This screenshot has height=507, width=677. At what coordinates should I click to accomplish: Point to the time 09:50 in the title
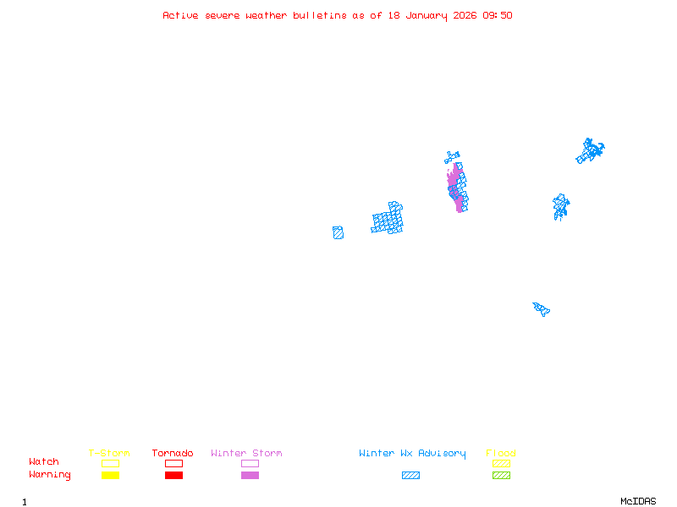click(498, 15)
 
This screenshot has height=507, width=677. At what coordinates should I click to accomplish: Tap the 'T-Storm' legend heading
click(109, 454)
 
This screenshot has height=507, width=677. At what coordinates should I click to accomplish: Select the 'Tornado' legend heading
click(173, 454)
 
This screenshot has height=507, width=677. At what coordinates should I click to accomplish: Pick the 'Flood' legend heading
click(501, 454)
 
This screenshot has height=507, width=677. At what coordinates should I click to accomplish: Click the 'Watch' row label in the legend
click(44, 462)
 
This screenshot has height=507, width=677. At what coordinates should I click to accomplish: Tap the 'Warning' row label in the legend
click(50, 475)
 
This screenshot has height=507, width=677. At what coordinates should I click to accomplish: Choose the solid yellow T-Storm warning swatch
click(110, 476)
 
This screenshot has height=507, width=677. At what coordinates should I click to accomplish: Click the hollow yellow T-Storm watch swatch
click(110, 463)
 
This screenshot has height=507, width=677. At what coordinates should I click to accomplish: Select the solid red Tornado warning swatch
click(173, 476)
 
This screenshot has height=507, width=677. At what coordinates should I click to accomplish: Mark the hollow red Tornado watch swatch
click(173, 463)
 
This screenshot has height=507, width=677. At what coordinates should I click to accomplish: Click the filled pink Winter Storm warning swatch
click(250, 476)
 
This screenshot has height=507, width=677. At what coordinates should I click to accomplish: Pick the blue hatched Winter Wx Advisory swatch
click(410, 476)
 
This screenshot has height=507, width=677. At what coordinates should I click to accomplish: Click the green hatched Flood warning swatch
click(501, 476)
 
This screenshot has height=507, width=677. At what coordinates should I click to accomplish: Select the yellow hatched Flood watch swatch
click(501, 463)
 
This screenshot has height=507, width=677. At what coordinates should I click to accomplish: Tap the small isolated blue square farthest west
click(338, 232)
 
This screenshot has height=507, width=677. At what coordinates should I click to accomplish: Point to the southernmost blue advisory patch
click(541, 308)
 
